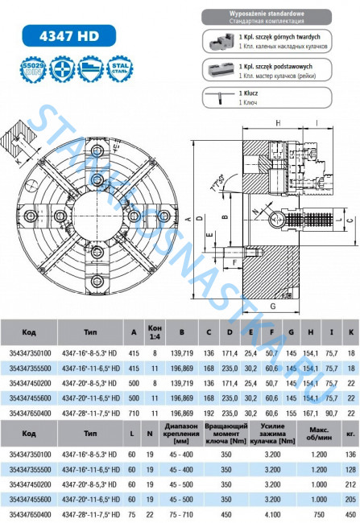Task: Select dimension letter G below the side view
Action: click(271, 307)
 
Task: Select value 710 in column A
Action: click(132, 412)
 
